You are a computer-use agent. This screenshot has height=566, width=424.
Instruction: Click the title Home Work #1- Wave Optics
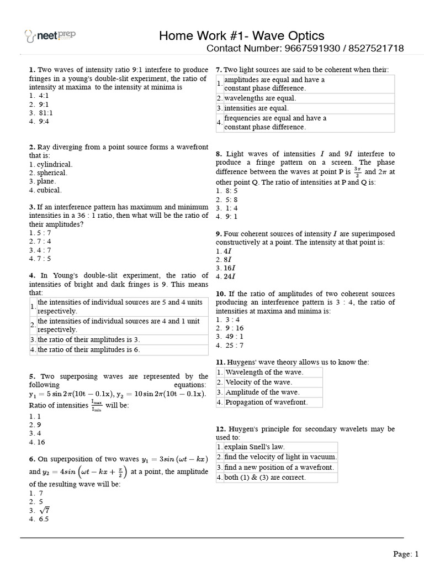click(242, 36)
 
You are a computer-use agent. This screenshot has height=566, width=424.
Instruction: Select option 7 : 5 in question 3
click(40, 258)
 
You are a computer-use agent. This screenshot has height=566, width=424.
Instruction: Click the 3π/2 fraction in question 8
click(357, 172)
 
